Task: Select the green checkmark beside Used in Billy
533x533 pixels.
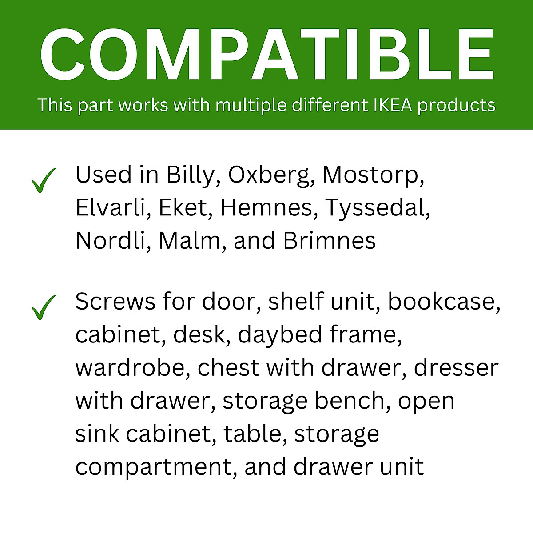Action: pyautogui.click(x=43, y=180)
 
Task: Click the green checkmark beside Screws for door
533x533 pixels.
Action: pyautogui.click(x=43, y=307)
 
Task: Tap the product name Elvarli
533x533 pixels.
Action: pyautogui.click(x=111, y=207)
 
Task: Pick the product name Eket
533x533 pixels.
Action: pyautogui.click(x=183, y=207)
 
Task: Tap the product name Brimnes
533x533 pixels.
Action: pyautogui.click(x=329, y=241)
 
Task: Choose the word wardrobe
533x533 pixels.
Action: pyautogui.click(x=129, y=368)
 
